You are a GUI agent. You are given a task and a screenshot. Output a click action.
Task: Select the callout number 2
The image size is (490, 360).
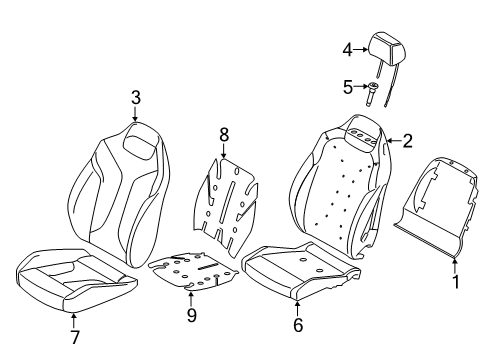point(408,141)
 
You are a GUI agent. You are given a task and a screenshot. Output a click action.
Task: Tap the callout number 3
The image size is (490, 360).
point(134,97)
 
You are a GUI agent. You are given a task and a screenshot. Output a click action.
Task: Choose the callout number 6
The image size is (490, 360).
point(297,325)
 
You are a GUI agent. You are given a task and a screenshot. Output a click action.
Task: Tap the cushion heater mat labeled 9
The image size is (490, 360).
point(195,272)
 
